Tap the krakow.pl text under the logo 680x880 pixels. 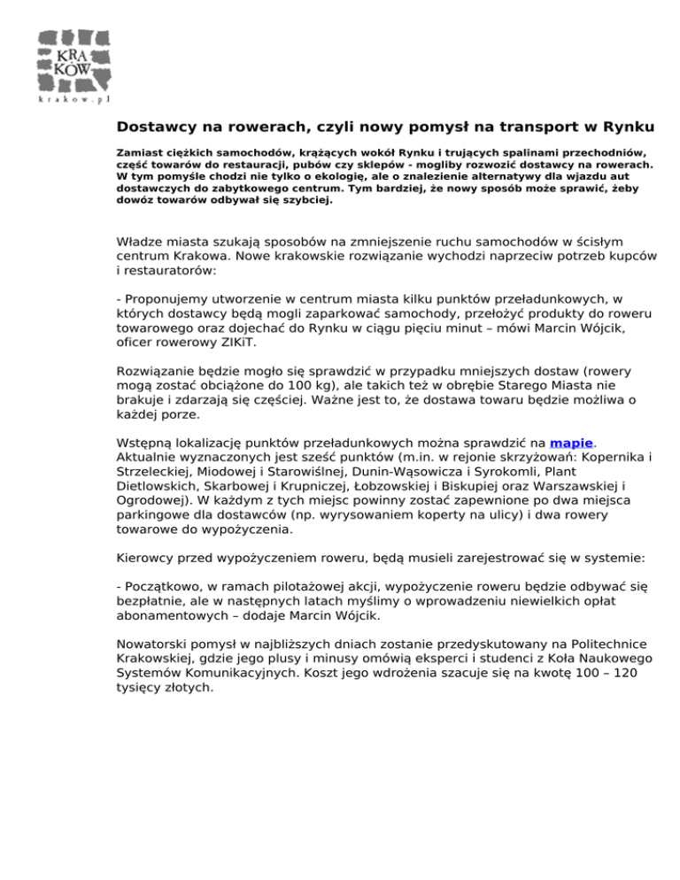(75, 101)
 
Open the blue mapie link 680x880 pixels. (571, 442)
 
